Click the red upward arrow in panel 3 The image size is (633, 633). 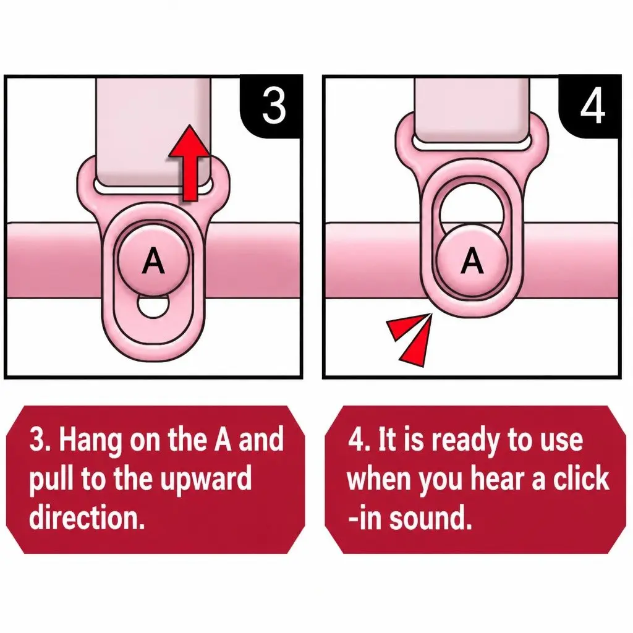point(190,163)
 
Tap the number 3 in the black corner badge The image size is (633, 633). point(274,106)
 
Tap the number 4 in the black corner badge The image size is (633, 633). point(593,106)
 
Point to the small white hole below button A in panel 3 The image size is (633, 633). point(153,306)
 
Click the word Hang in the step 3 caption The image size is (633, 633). point(90,441)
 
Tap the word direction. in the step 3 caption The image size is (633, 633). point(87,517)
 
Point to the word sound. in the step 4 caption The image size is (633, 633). point(430,517)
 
